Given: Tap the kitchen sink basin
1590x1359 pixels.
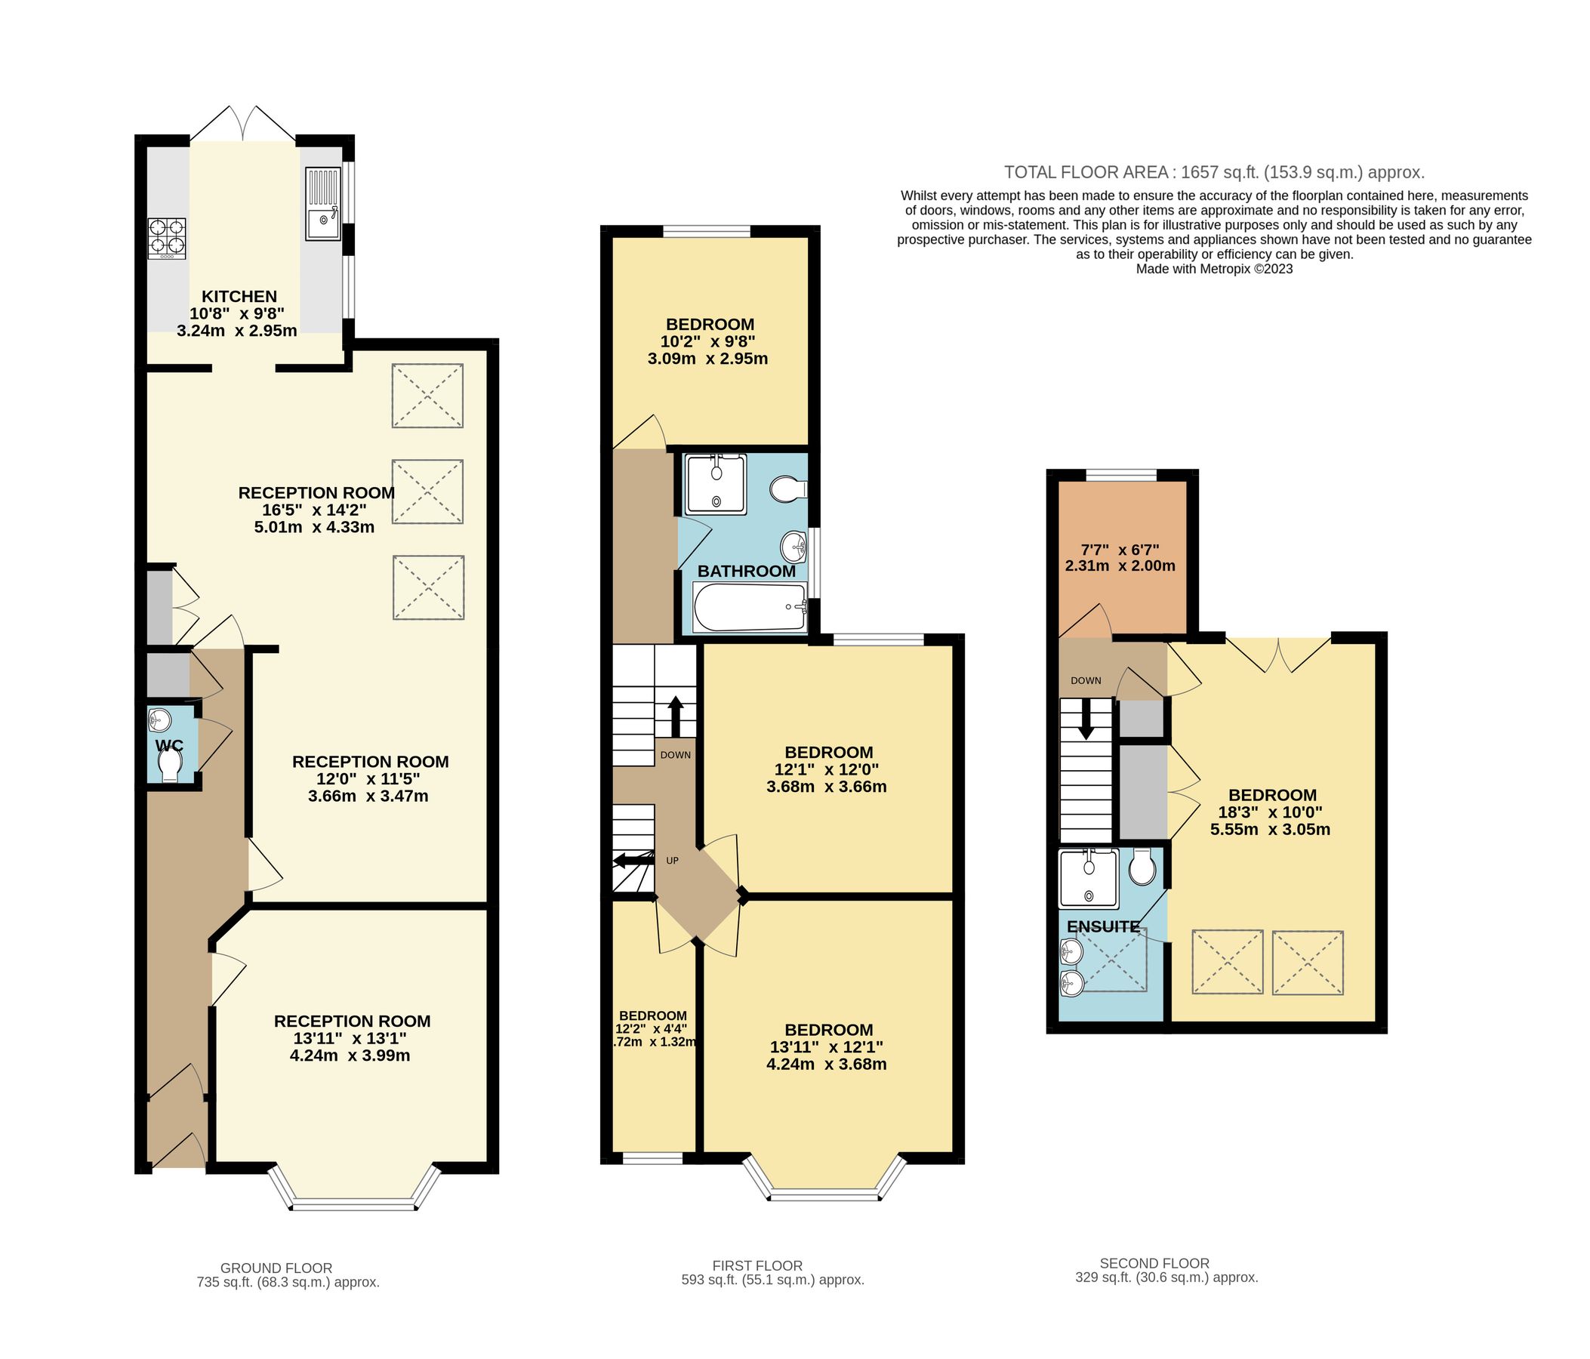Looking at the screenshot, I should [x=323, y=223].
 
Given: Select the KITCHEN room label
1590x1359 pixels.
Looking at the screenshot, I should [x=239, y=296].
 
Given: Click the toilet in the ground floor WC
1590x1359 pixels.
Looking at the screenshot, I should [x=169, y=765].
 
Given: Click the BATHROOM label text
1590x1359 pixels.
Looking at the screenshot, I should [x=746, y=571].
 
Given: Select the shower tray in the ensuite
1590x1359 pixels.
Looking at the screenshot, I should [x=1089, y=878].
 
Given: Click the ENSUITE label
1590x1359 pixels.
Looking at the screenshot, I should [x=1103, y=927].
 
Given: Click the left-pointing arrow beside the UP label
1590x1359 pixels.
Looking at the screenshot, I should [x=632, y=860].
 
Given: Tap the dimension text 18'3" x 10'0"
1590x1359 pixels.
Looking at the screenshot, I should [x=1270, y=812].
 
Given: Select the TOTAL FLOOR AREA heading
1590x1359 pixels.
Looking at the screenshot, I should [x=1214, y=172].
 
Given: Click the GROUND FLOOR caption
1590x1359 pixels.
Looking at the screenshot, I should [x=276, y=1268].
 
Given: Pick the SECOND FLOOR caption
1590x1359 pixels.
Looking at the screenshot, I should [x=1154, y=1263].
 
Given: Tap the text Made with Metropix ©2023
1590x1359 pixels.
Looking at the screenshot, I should [x=1214, y=270].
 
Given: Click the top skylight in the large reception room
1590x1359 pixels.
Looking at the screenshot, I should [x=427, y=395].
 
